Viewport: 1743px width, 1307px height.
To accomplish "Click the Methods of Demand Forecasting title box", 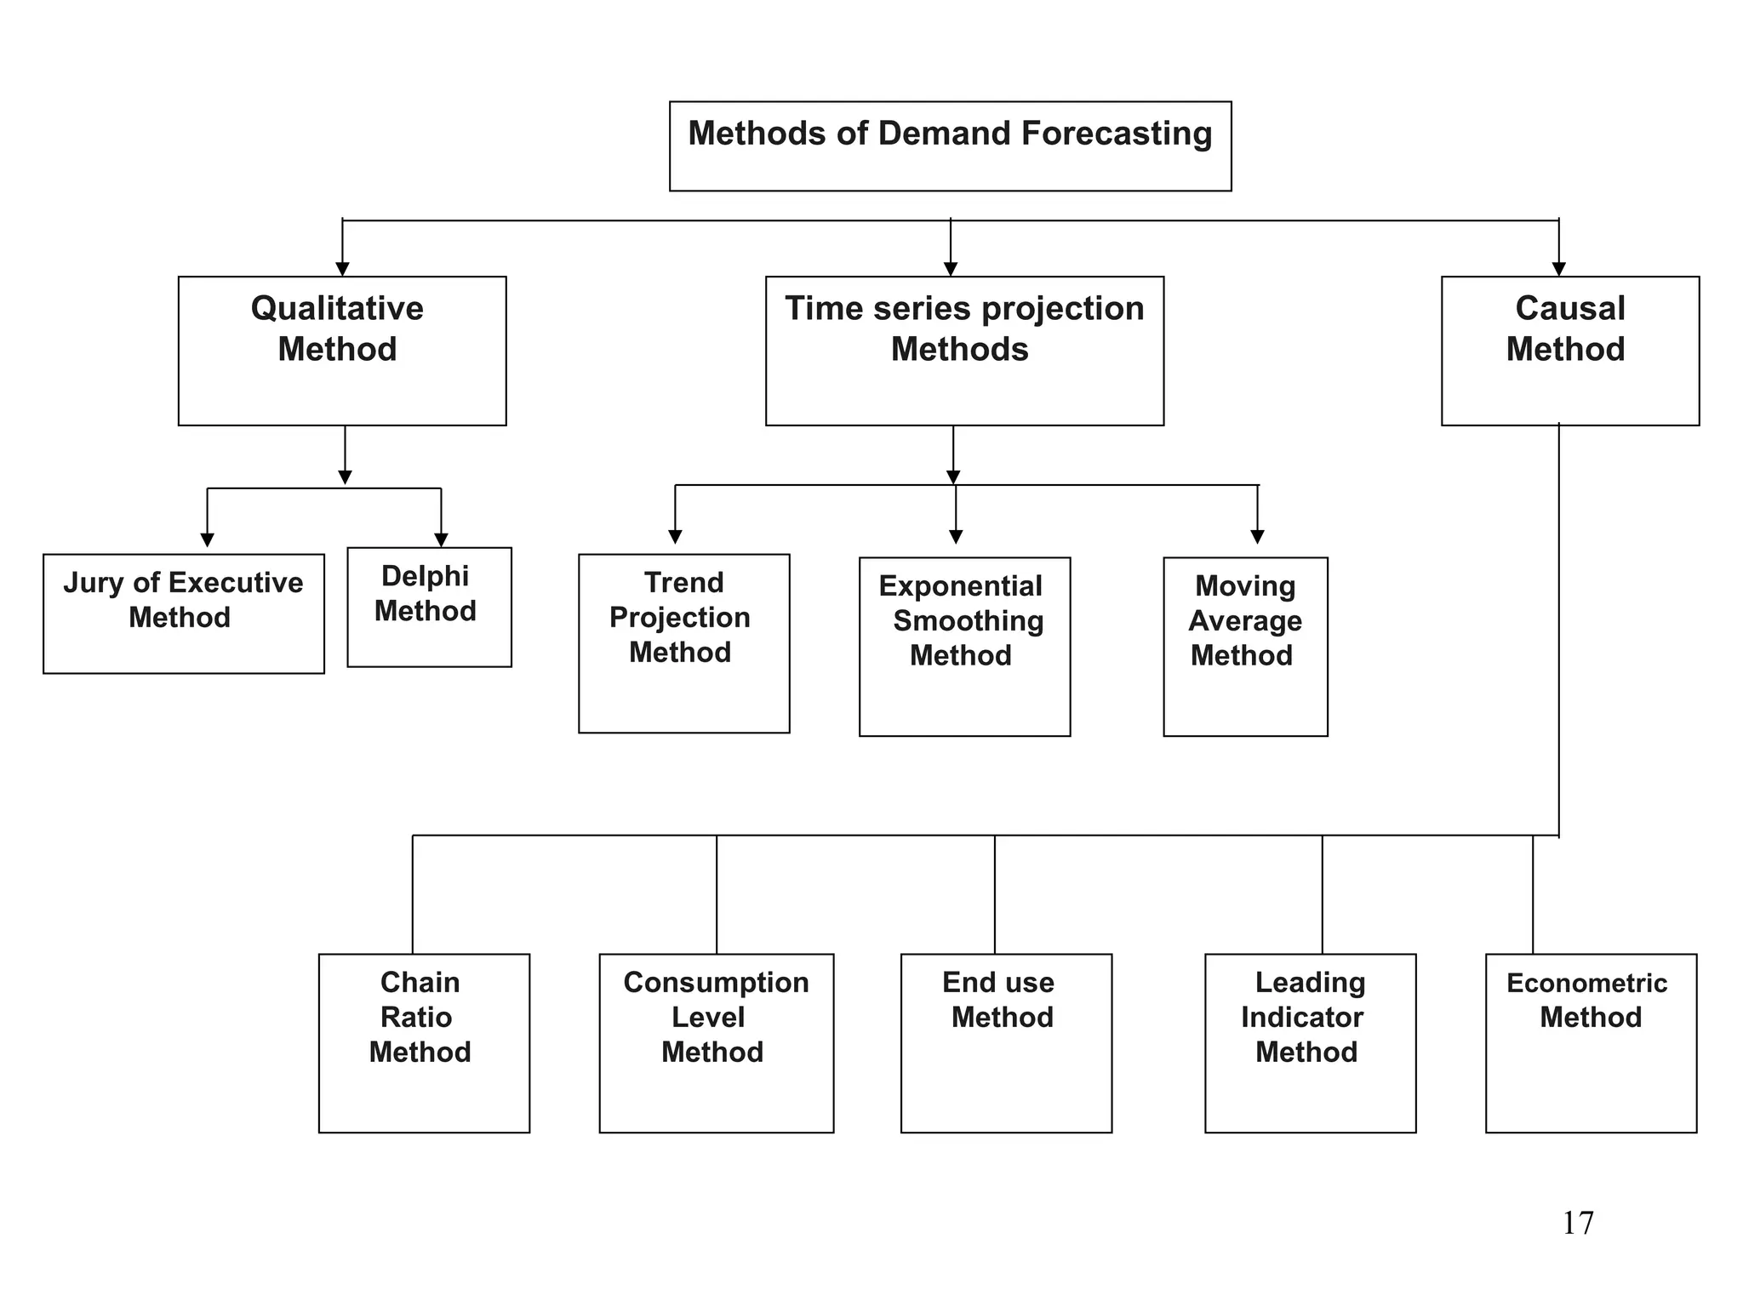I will (950, 146).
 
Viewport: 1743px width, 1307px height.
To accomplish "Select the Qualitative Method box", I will (341, 351).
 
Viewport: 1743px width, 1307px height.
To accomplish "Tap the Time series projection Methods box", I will (963, 351).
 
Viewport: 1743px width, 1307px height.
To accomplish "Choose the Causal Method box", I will (1569, 351).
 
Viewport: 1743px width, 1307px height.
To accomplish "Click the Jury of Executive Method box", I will (183, 614).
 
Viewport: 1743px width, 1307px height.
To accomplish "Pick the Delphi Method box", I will (429, 607).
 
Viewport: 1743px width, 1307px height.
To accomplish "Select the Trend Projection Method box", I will (683, 643).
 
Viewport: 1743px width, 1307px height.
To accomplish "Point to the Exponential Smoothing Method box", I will (964, 647).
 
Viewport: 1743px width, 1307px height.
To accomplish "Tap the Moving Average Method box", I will (1244, 647).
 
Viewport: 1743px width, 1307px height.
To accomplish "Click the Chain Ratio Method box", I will (424, 1042).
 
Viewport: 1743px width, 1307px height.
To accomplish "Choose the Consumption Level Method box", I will (716, 1042).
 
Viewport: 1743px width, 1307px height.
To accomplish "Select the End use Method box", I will (1006, 1042).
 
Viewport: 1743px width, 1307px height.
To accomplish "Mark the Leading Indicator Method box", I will (1310, 1042).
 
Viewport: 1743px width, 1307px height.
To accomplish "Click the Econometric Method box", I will (1590, 1042).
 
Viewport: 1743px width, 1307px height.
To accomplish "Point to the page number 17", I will (1577, 1224).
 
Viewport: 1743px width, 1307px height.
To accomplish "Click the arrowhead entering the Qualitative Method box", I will (342, 269).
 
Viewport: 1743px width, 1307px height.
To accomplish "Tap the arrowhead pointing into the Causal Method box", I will (1558, 269).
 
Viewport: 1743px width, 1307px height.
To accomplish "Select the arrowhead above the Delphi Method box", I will (441, 539).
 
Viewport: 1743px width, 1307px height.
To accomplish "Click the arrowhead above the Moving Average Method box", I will (1257, 536).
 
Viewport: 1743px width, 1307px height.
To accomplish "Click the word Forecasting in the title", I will (1116, 134).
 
